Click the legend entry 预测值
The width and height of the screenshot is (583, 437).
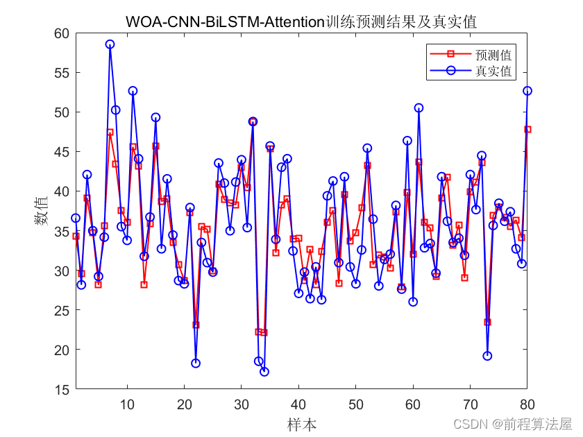[493, 54]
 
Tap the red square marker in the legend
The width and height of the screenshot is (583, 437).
[450, 54]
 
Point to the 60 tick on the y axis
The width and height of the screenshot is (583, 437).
[62, 33]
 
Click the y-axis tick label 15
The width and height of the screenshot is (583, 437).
[62, 390]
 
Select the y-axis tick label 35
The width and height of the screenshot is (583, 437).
[62, 231]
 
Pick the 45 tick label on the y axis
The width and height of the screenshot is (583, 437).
[62, 152]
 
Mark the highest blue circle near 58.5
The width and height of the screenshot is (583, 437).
[110, 44]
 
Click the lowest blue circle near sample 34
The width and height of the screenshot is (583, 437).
[264, 372]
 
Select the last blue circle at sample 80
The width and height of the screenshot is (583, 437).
[527, 91]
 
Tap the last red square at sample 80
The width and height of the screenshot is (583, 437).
[527, 129]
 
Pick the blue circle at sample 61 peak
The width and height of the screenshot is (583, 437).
[419, 108]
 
